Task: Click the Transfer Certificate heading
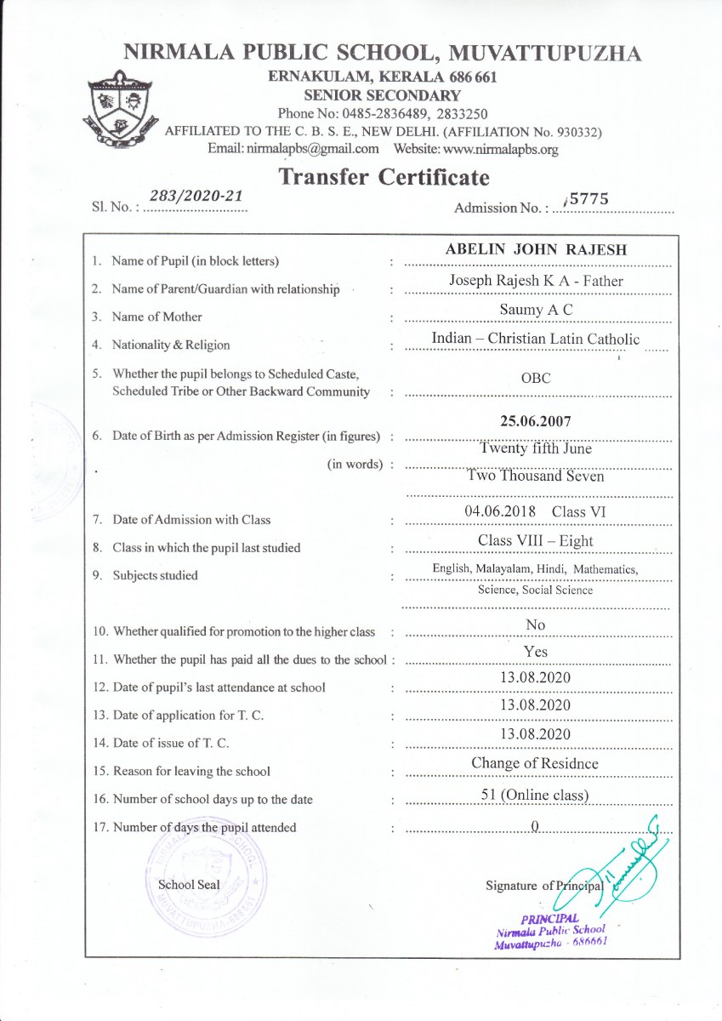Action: pyautogui.click(x=384, y=177)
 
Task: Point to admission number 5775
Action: pyautogui.click(x=588, y=198)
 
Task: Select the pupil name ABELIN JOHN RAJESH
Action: pyautogui.click(x=536, y=250)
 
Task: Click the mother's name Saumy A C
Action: pyautogui.click(x=536, y=310)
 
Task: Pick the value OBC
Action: pyautogui.click(x=536, y=379)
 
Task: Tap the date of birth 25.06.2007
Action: pyautogui.click(x=536, y=421)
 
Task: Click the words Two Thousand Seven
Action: pyautogui.click(x=536, y=476)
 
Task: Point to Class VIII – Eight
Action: pyautogui.click(x=536, y=541)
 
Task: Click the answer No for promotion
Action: pyautogui.click(x=536, y=625)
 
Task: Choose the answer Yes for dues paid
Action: pyautogui.click(x=536, y=653)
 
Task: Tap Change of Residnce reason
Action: pyautogui.click(x=535, y=763)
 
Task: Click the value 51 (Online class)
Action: pyautogui.click(x=536, y=796)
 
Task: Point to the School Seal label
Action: pyautogui.click(x=189, y=885)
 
